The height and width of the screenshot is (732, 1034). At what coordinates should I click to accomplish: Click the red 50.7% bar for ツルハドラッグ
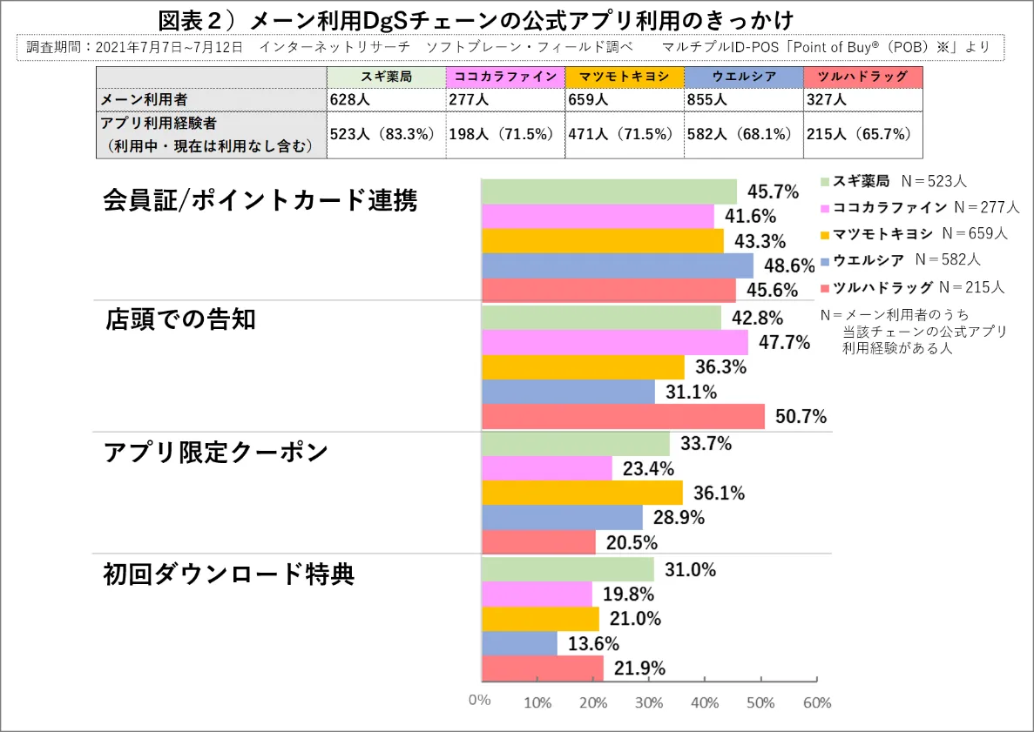tap(623, 417)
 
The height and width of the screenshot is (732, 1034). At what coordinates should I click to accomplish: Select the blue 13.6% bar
tap(519, 644)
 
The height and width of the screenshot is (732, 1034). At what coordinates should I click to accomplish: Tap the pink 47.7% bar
tap(614, 342)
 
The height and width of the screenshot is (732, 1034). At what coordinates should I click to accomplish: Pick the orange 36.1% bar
tap(582, 493)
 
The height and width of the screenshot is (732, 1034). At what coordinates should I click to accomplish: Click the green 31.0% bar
tap(567, 569)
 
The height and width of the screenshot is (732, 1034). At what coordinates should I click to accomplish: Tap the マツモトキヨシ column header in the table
tap(624, 77)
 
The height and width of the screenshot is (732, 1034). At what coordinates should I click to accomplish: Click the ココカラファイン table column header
tap(504, 77)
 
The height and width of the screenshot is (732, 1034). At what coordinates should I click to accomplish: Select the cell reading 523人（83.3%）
tap(386, 134)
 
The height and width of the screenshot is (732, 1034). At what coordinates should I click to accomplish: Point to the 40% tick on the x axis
tap(705, 702)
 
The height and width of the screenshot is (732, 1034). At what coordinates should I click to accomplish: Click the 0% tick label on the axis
tap(480, 701)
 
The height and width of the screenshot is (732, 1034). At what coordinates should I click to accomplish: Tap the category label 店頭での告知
tap(180, 319)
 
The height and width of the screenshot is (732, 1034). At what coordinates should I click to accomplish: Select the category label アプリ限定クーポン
tap(215, 453)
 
